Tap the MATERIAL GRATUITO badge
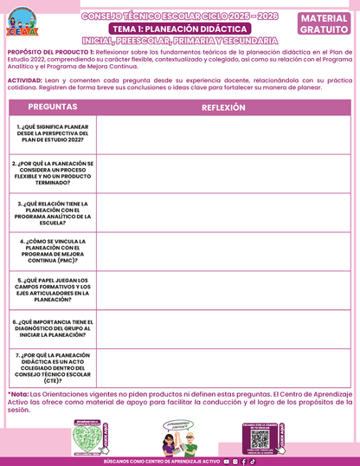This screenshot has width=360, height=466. point(324,23)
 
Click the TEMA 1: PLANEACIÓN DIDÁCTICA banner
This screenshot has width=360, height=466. point(180,29)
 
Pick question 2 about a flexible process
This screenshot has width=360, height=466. point(53,172)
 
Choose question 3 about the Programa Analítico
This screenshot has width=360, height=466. point(53,212)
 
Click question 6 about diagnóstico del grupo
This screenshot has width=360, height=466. point(53,327)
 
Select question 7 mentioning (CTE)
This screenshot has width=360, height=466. point(53,366)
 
